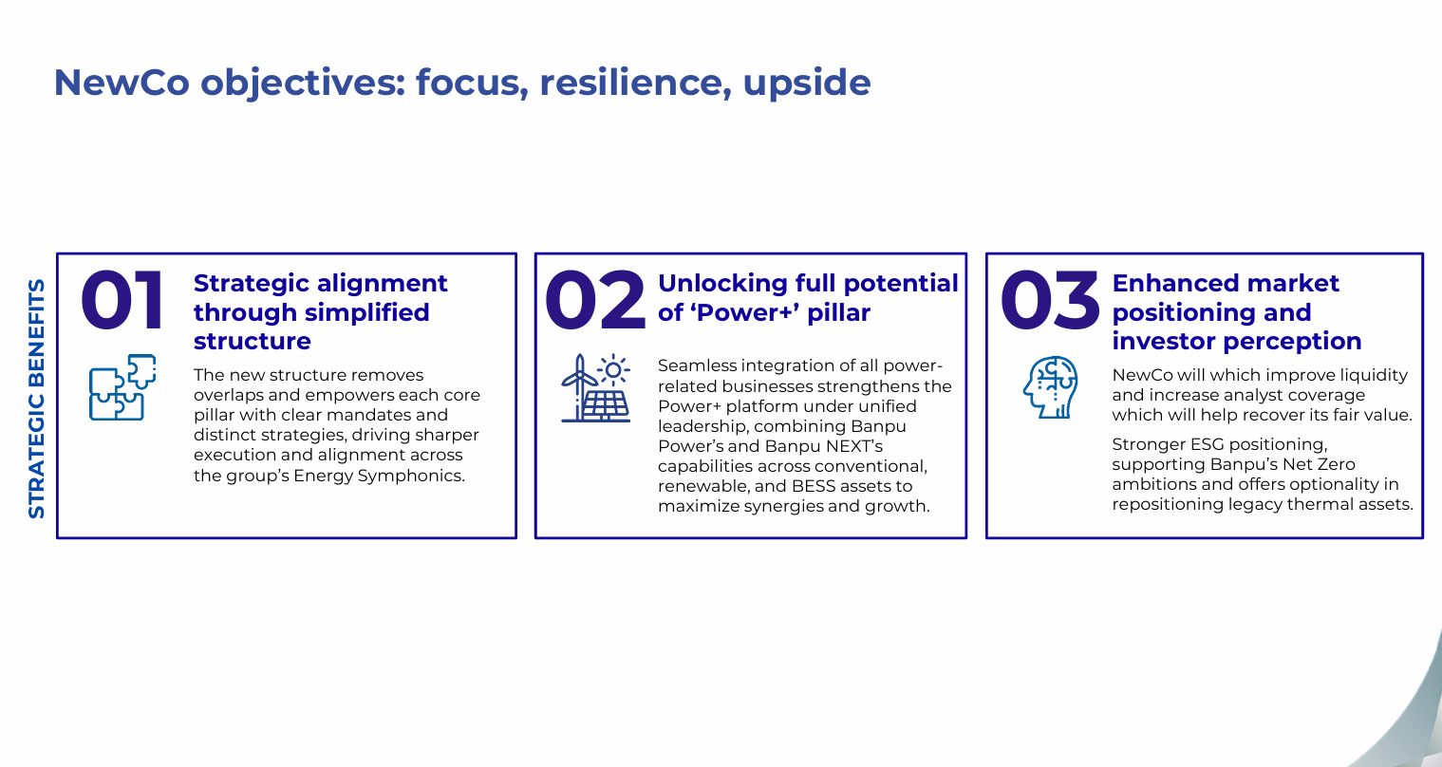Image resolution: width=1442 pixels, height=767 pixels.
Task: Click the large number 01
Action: pyautogui.click(x=122, y=300)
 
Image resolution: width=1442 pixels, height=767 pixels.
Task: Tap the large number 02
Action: pyautogui.click(x=595, y=300)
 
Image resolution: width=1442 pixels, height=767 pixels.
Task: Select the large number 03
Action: pyautogui.click(x=1050, y=300)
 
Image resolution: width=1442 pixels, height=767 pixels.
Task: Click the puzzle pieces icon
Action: pyautogui.click(x=122, y=387)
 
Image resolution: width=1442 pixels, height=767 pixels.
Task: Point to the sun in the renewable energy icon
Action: pyautogui.click(x=613, y=370)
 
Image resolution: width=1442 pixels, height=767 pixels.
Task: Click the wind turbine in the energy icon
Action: pyautogui.click(x=579, y=387)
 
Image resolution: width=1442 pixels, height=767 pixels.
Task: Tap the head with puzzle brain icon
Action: pyautogui.click(x=1051, y=387)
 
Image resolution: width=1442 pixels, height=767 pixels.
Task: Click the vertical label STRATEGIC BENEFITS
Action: pyautogui.click(x=37, y=399)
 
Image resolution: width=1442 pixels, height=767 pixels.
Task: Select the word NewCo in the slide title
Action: pyautogui.click(x=122, y=83)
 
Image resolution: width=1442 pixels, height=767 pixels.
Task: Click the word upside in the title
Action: pyautogui.click(x=807, y=83)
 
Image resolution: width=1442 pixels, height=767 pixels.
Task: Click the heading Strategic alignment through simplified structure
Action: pyautogui.click(x=321, y=312)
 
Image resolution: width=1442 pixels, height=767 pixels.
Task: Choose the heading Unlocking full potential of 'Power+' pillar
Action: pyautogui.click(x=808, y=298)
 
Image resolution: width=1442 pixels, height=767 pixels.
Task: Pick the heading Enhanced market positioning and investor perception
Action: pyautogui.click(x=1237, y=312)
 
